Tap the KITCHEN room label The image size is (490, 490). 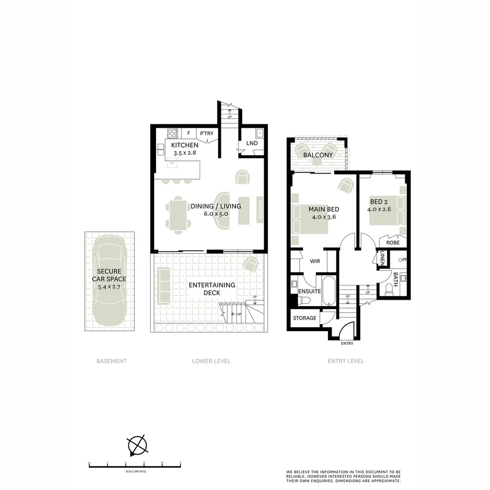click(x=185, y=145)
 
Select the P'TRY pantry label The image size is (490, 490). click(x=206, y=133)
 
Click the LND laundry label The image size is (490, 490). click(x=252, y=143)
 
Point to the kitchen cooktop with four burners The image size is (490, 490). click(x=172, y=133)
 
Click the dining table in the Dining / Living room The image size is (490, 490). click(x=177, y=214)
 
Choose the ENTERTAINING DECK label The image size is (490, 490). click(x=212, y=289)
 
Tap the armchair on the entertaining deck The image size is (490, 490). click(x=250, y=264)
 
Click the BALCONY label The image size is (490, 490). click(x=318, y=155)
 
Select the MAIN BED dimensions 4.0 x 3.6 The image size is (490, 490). click(x=323, y=217)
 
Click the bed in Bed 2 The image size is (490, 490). click(x=387, y=210)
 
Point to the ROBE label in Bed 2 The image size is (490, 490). click(x=393, y=243)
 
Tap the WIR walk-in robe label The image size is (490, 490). click(x=316, y=261)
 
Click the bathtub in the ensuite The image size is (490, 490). click(x=329, y=290)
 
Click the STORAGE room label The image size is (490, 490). click(x=304, y=318)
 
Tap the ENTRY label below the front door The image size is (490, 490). click(x=347, y=343)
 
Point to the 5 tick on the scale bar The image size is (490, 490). click(x=181, y=464)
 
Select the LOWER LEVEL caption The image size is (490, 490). click(x=211, y=361)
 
